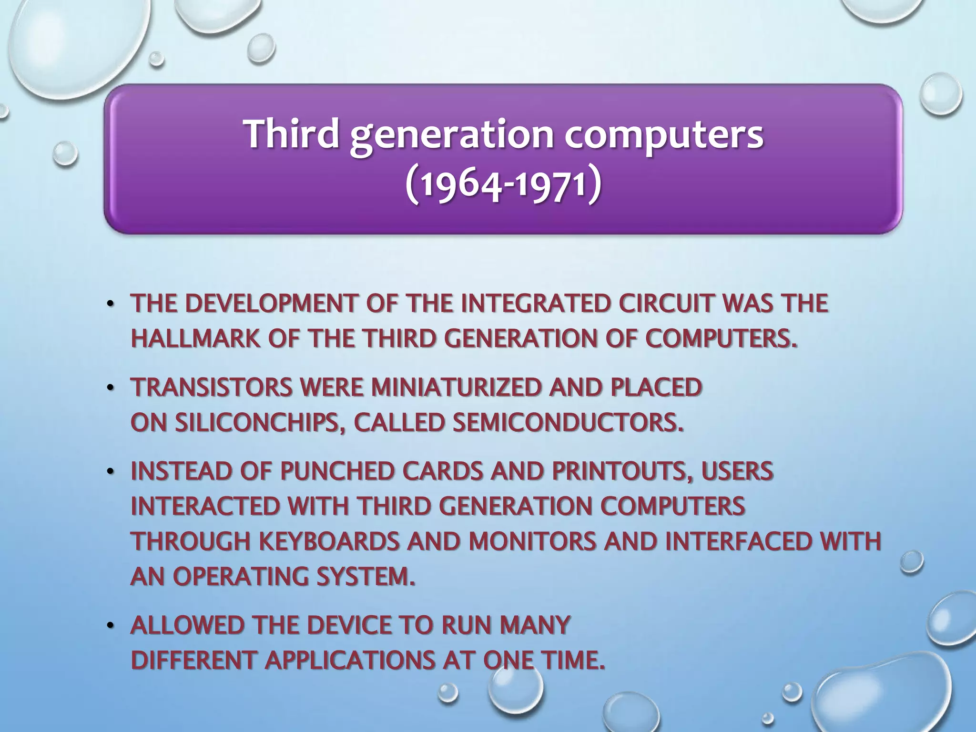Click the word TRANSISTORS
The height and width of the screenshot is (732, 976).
click(211, 387)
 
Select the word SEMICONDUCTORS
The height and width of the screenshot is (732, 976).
click(568, 423)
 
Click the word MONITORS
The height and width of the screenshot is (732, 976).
click(532, 542)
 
